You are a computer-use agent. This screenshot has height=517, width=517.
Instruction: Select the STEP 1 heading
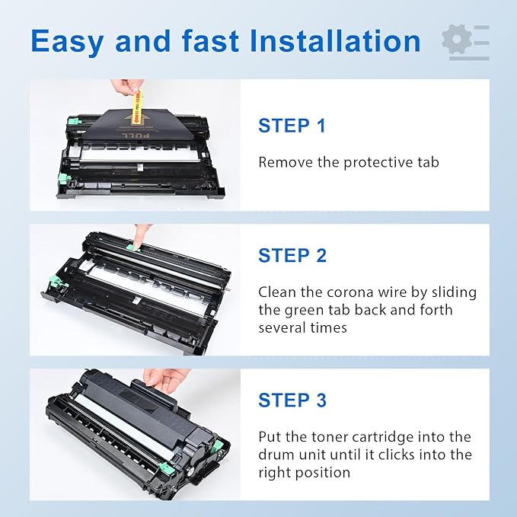292,126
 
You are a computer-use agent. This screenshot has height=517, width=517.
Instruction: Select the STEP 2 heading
292,255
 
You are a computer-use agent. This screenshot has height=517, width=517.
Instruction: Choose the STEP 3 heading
292,400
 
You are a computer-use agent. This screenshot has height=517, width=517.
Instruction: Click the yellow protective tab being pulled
138,107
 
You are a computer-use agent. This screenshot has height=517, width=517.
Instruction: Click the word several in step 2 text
283,327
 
